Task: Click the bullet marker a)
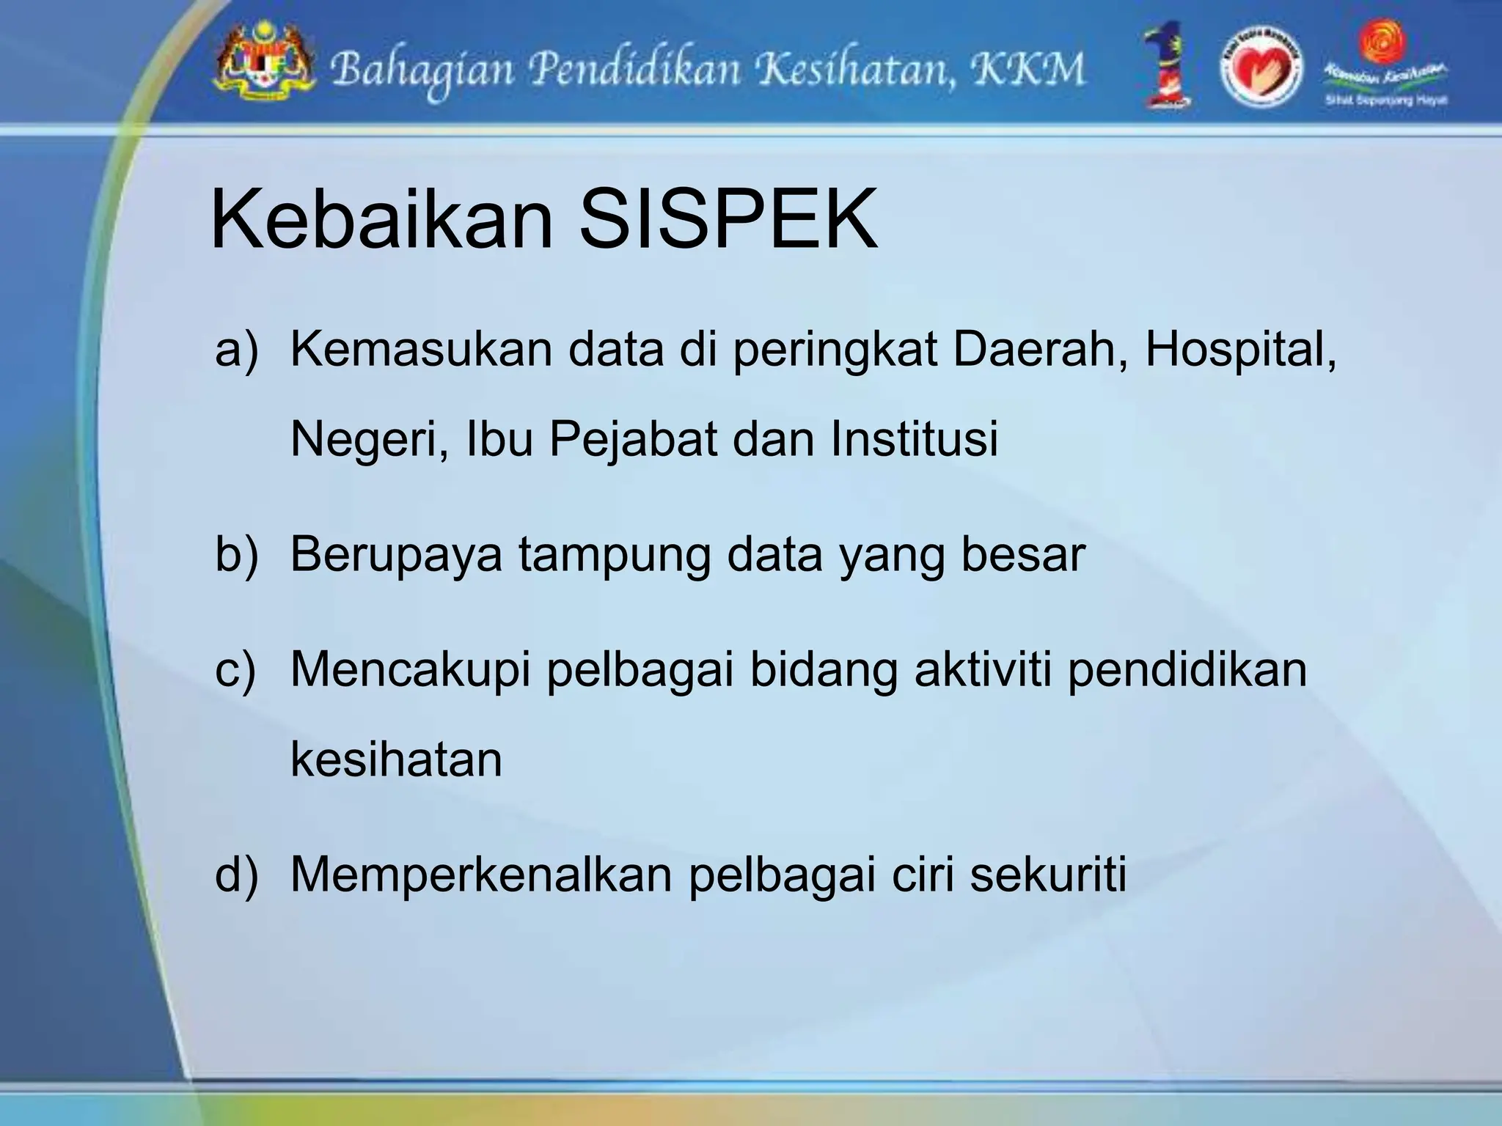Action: click(x=236, y=350)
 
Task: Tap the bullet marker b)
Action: click(x=236, y=554)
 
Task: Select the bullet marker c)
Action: click(x=235, y=670)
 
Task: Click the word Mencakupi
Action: click(x=410, y=670)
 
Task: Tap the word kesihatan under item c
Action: click(x=396, y=759)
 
